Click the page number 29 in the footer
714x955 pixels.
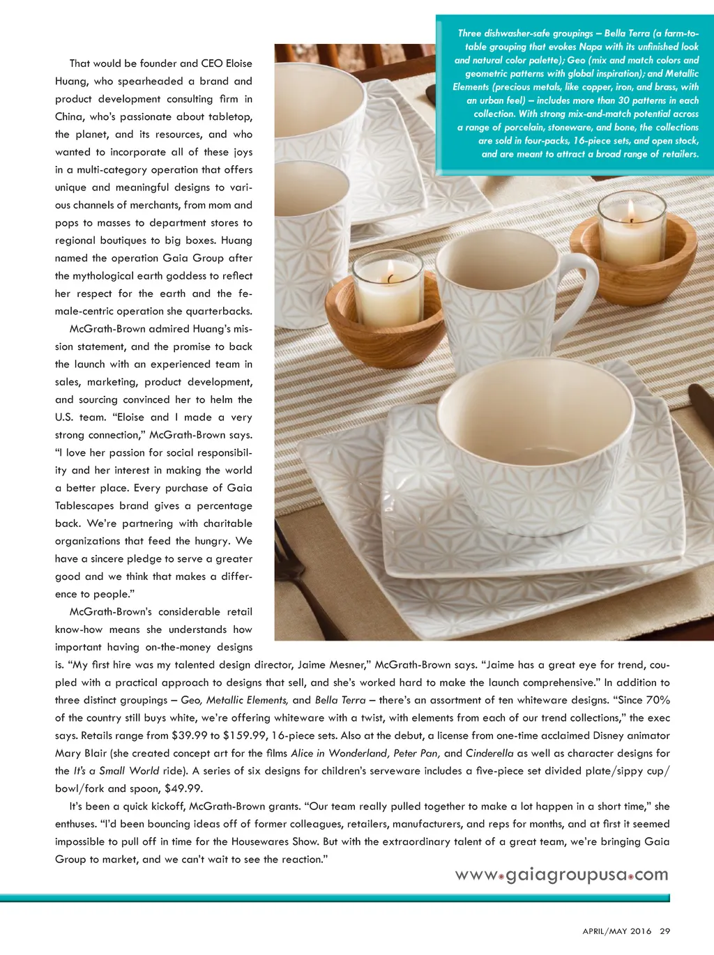[x=664, y=931]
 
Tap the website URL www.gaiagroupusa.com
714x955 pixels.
[x=561, y=875]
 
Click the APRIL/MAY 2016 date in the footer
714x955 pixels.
[x=616, y=931]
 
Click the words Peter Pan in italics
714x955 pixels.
[x=416, y=753]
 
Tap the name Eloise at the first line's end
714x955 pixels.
[x=238, y=63]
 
